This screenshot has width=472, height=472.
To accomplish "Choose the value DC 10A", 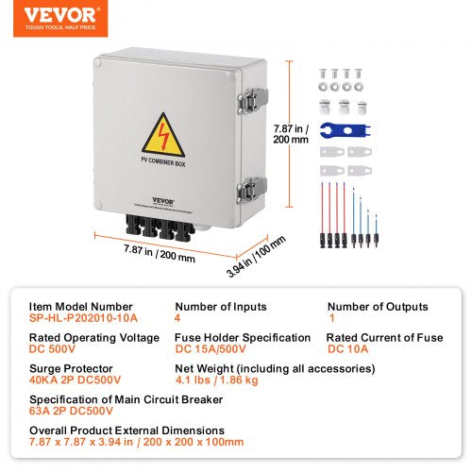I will pos(349,349).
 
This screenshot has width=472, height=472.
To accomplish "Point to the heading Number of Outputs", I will pos(378,307).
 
